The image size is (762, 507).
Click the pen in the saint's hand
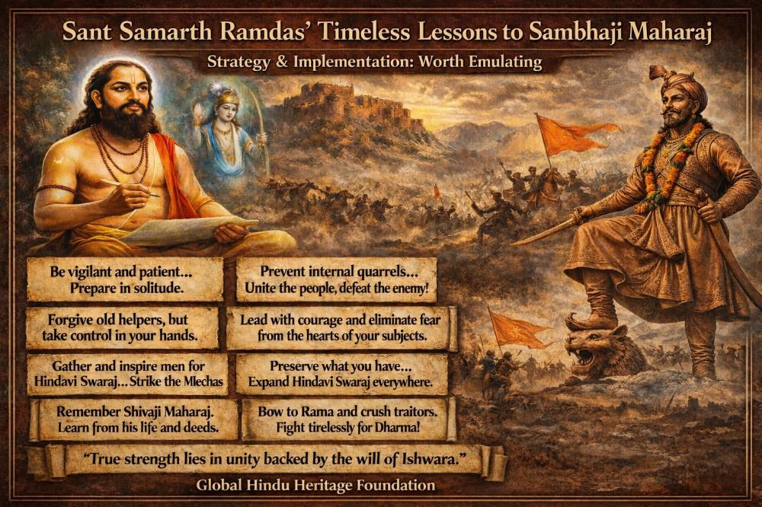[130, 189]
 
